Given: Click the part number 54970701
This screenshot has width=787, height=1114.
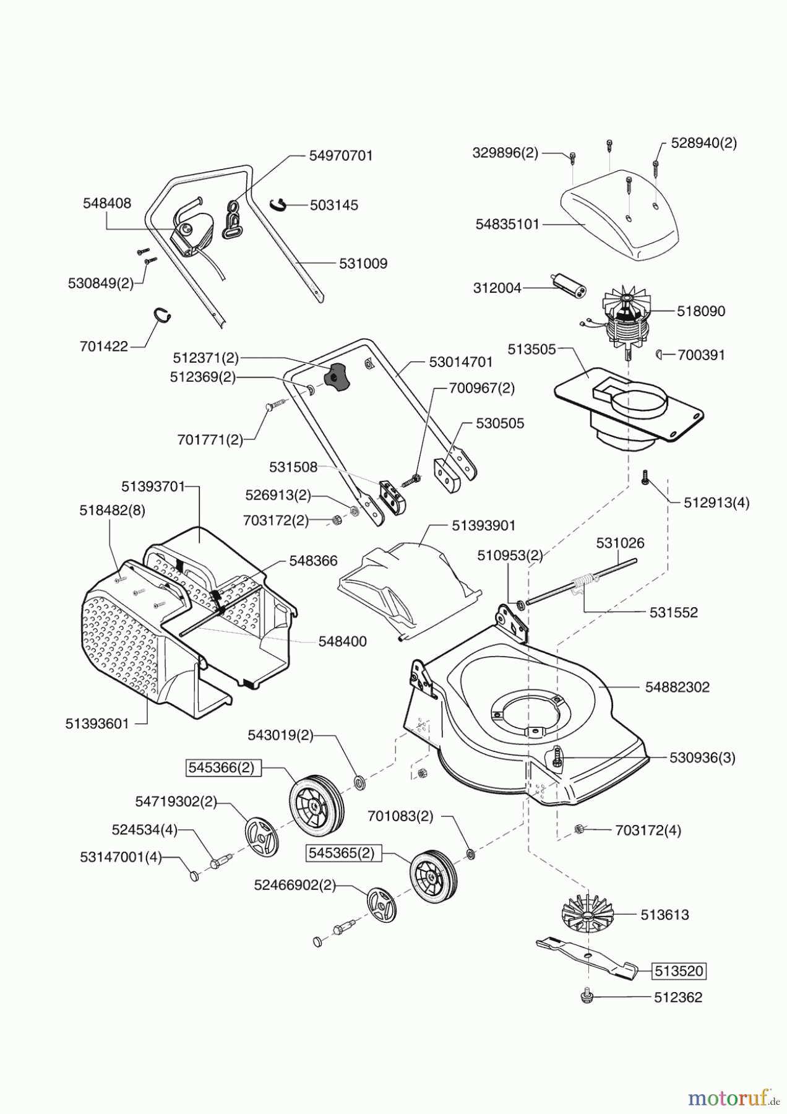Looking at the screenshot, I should [x=341, y=155].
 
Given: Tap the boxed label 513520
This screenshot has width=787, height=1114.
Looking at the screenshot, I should [x=679, y=971].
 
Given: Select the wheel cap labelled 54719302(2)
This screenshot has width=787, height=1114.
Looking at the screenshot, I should [x=262, y=837].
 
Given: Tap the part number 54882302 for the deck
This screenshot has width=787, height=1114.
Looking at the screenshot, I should [x=677, y=687].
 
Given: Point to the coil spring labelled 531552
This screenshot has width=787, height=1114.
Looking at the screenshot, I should [x=584, y=584].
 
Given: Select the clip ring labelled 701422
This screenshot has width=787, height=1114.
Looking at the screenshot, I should [x=161, y=314].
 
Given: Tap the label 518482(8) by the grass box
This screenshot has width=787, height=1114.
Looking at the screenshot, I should [x=112, y=511].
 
